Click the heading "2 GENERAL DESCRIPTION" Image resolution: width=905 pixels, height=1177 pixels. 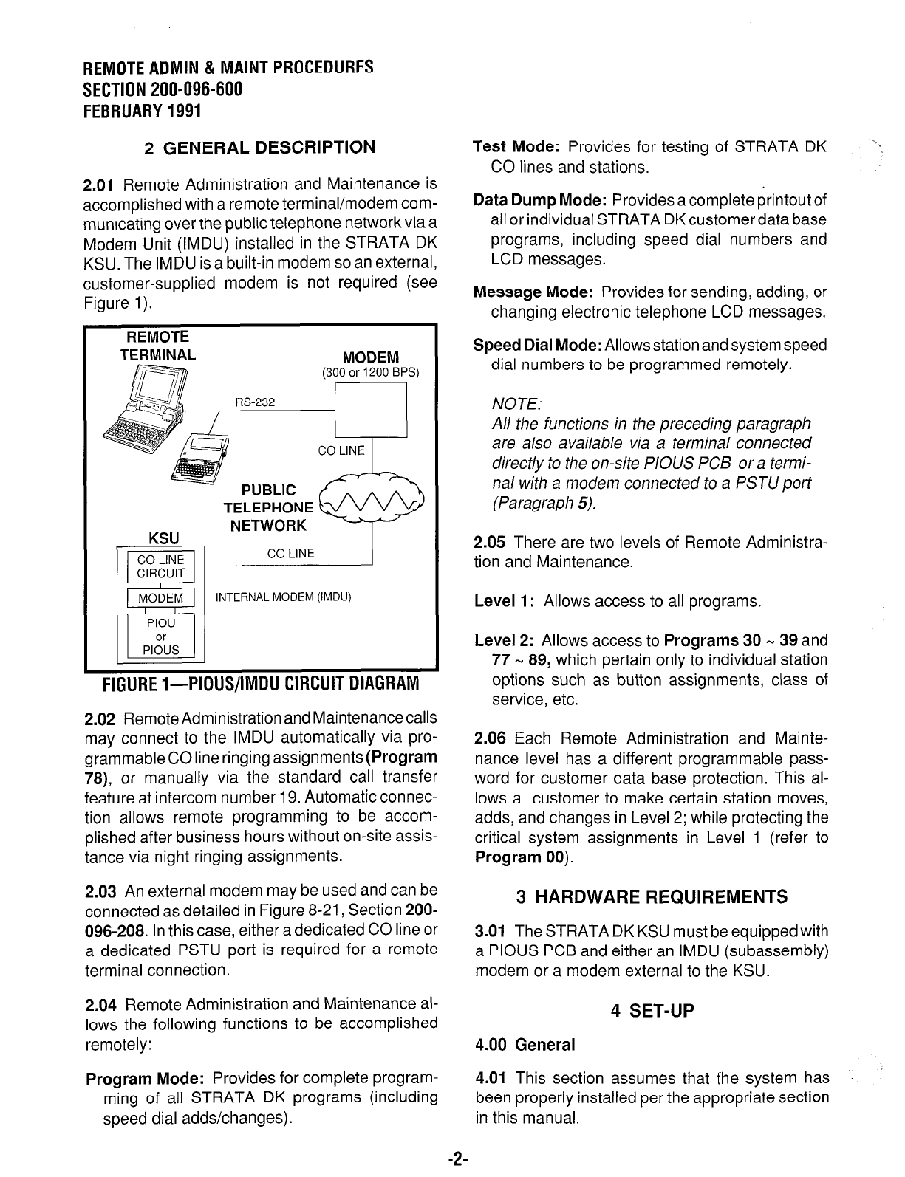pos(259,148)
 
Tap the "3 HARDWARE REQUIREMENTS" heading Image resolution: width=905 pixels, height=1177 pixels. pos(652,897)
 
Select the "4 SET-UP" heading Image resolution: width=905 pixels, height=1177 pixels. pos(653,1011)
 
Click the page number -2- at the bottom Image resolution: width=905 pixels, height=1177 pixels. pos(454,1160)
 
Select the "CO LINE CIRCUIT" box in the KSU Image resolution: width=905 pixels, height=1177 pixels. pos(161,566)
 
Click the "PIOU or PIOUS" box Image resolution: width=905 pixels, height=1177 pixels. pos(161,636)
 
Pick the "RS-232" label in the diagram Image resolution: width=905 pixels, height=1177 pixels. pos(255,402)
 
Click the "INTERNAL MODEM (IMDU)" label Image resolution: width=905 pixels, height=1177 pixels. pos(282,597)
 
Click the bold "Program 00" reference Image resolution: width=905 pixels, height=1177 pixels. pos(520,857)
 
